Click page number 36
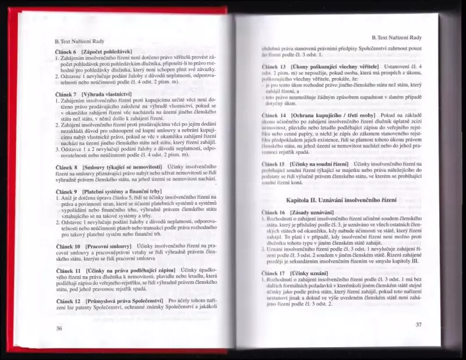(x=59, y=328)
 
